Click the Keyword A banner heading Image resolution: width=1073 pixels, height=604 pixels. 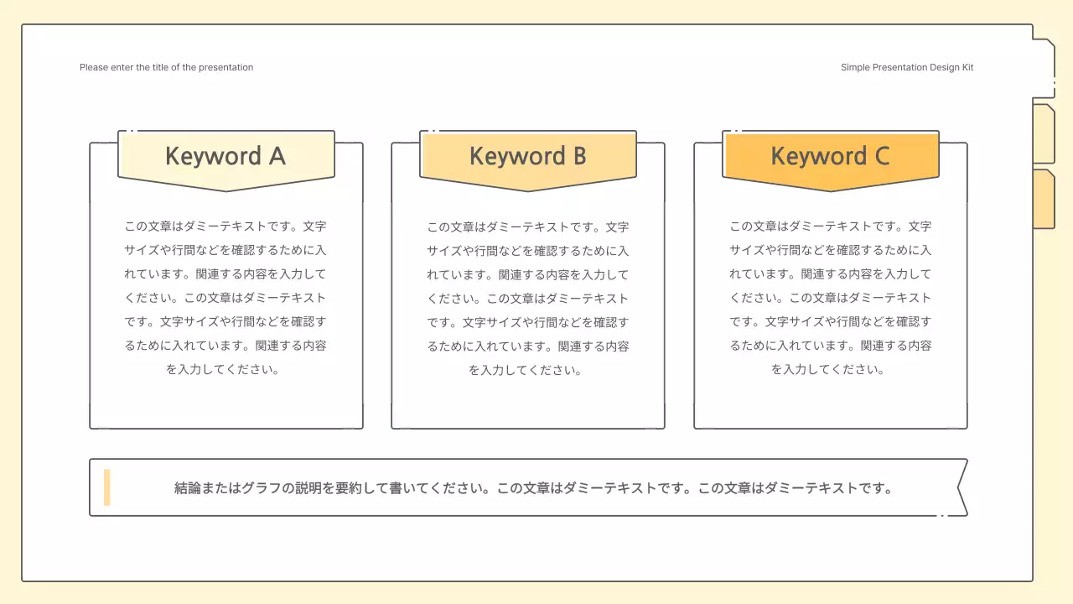(x=225, y=157)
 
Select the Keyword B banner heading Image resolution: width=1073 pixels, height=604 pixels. (x=527, y=157)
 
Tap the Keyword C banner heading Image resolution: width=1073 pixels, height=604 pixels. (x=830, y=157)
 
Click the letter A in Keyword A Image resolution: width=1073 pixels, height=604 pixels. (x=277, y=157)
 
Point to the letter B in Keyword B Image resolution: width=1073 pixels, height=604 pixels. (x=578, y=157)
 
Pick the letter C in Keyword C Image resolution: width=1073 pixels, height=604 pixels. (x=881, y=157)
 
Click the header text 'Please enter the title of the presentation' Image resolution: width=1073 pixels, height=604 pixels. (x=166, y=67)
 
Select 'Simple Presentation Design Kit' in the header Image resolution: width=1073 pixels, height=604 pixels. (x=907, y=67)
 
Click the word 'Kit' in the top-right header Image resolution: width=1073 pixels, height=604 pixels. (x=967, y=67)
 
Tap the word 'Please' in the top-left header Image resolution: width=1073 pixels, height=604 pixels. (x=94, y=67)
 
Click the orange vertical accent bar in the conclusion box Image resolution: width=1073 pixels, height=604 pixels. (x=107, y=487)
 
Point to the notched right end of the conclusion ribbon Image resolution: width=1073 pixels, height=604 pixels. (x=961, y=487)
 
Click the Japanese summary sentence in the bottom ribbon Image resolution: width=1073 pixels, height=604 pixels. (x=533, y=488)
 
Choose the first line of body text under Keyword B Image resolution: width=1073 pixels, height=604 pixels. (x=528, y=226)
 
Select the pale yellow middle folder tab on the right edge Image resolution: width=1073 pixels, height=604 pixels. (x=1043, y=134)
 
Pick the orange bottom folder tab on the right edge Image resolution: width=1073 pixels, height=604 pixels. (x=1043, y=200)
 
